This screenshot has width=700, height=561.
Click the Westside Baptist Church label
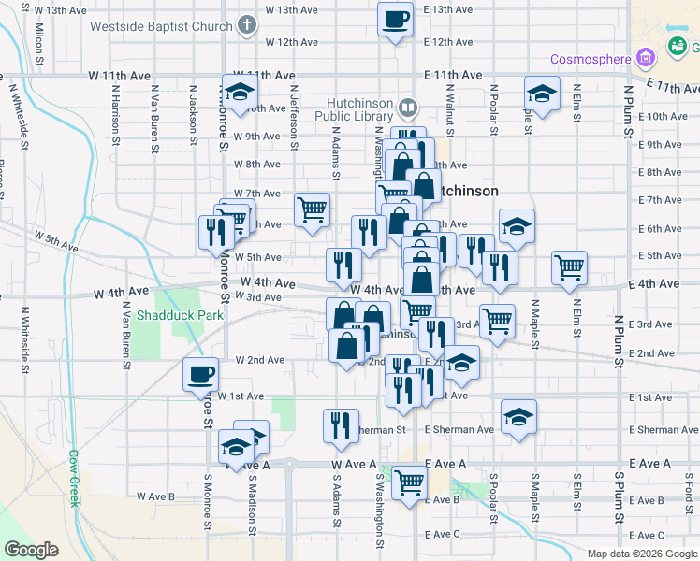160,26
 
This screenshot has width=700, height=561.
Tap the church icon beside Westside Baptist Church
245,25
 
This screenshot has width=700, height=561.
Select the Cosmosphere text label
590,60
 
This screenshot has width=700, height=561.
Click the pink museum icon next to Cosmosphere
645,59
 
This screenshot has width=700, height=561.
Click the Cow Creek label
74,479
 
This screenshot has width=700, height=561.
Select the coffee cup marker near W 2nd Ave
199,376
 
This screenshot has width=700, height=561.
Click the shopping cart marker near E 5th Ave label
569,268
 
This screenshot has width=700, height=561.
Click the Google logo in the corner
31,550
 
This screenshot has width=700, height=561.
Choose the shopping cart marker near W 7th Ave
312,209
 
